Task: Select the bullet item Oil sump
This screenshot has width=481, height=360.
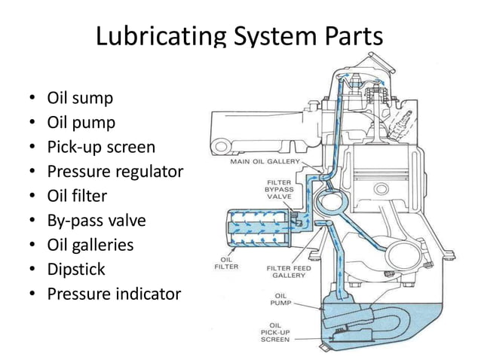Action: pos(81,98)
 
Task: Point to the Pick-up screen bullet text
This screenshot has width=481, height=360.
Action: pos(101,147)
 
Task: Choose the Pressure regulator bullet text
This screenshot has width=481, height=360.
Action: pos(115,171)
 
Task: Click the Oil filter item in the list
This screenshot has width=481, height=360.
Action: pos(77,196)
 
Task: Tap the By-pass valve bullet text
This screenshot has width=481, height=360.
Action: pos(97,221)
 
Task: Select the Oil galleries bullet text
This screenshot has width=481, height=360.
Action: pos(90,245)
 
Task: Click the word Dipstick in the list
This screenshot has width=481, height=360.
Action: pos(76,269)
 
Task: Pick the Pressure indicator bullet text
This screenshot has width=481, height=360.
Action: pos(114,294)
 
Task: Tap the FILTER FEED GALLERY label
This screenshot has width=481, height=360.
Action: pos(284,272)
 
